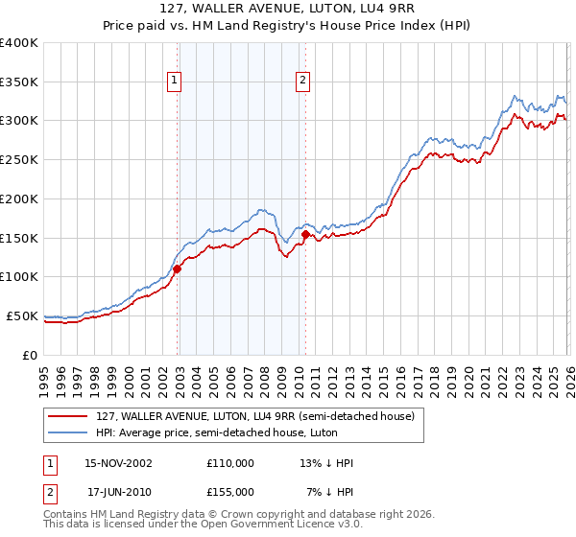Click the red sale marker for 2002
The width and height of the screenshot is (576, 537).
pyautogui.click(x=178, y=269)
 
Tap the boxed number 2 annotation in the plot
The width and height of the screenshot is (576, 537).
pyautogui.click(x=302, y=82)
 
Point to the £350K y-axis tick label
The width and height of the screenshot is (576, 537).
pyautogui.click(x=18, y=82)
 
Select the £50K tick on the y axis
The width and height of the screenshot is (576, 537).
pyautogui.click(x=22, y=315)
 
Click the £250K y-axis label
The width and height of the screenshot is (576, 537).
pyautogui.click(x=18, y=160)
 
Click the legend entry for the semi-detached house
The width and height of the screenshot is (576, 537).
pyautogui.click(x=254, y=416)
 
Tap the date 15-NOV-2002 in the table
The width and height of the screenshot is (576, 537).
pyautogui.click(x=119, y=463)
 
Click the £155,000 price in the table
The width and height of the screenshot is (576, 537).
pyautogui.click(x=230, y=491)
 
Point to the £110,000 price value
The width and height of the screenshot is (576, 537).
pyautogui.click(x=230, y=463)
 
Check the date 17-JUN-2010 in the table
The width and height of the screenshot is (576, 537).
pyautogui.click(x=119, y=491)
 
